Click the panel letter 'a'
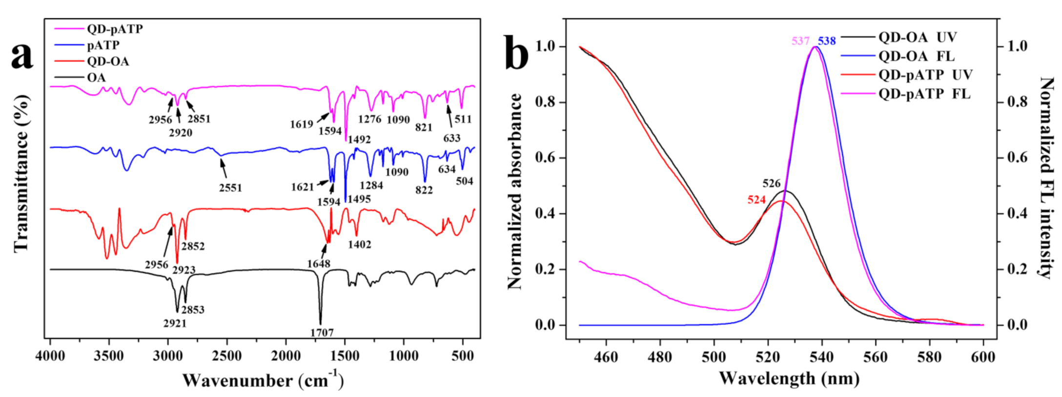[22, 55]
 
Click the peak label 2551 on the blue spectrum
[230, 188]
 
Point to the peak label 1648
[319, 264]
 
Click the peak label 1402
[360, 245]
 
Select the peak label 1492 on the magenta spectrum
[359, 140]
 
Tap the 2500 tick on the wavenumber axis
[227, 356]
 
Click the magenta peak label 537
[800, 41]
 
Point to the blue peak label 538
[827, 41]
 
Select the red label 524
[756, 200]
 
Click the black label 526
[772, 184]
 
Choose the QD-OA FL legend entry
[917, 56]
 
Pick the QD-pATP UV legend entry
[925, 75]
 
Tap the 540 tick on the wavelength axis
[821, 357]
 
